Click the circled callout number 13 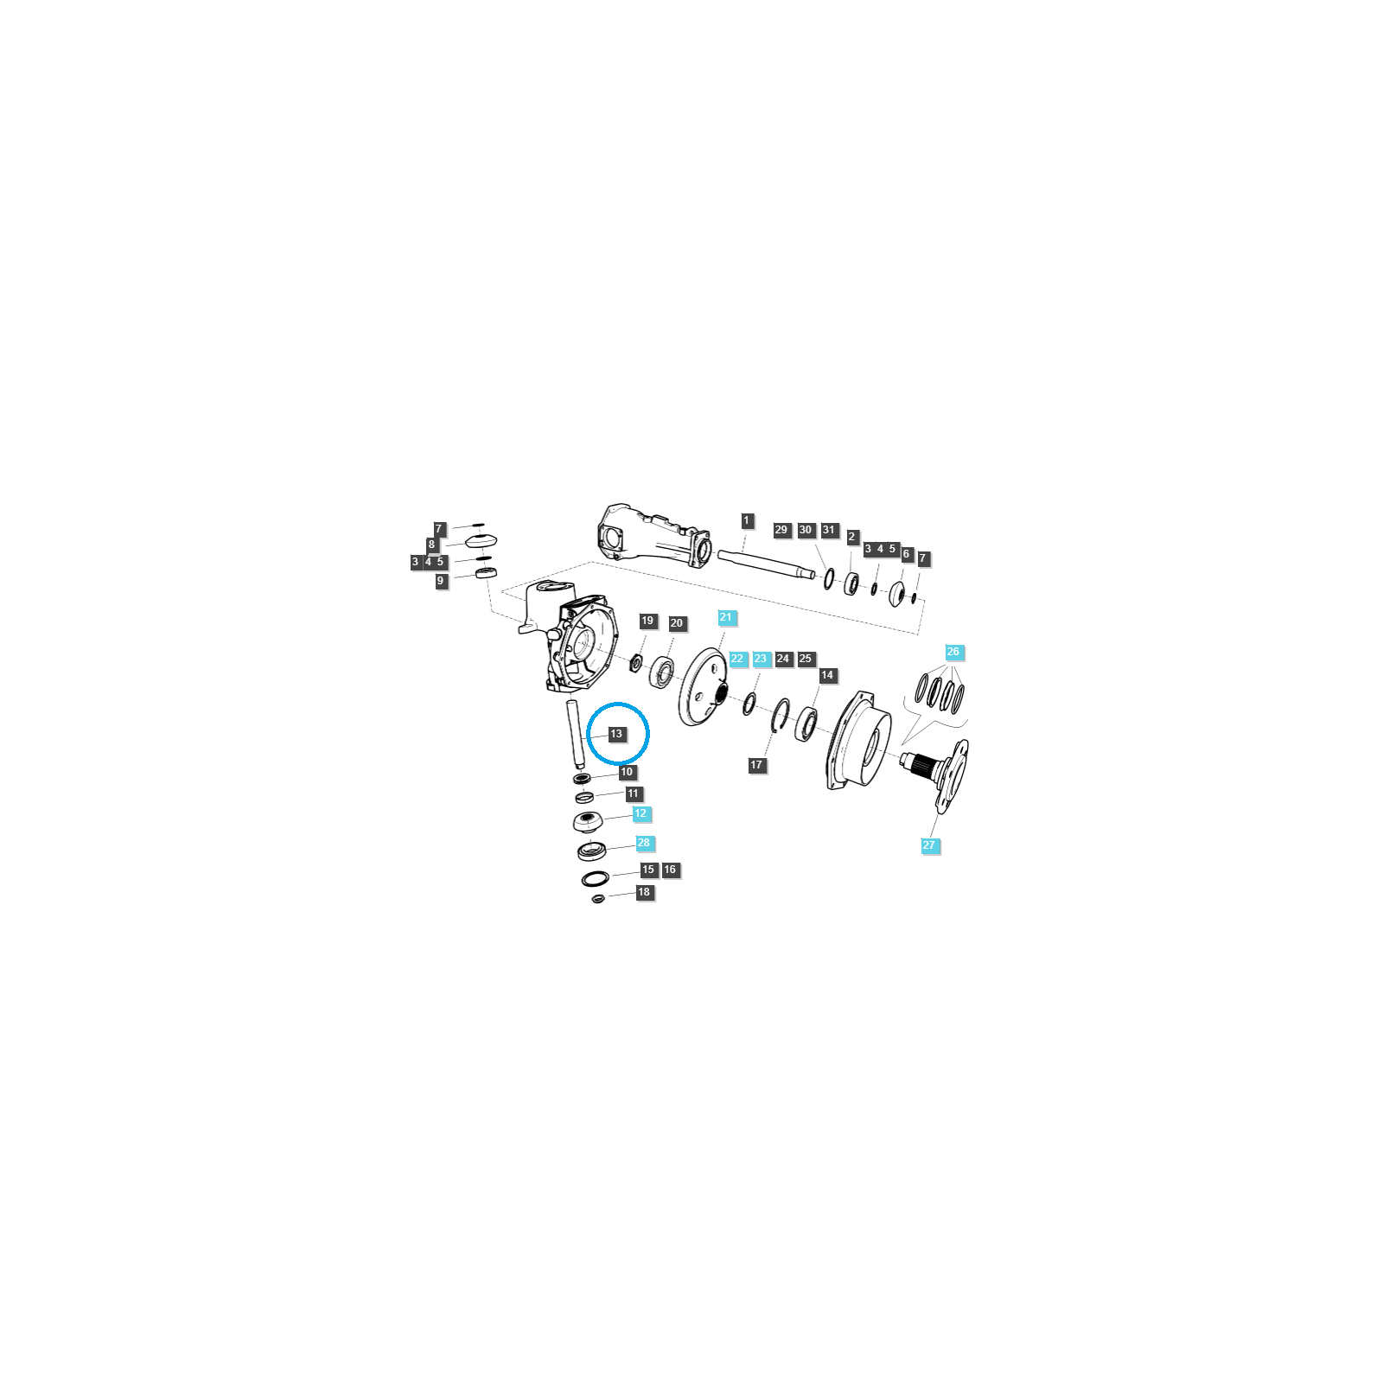pyautogui.click(x=615, y=734)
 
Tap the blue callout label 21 pyautogui.click(x=725, y=617)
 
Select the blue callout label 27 pyautogui.click(x=929, y=845)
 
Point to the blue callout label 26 pyautogui.click(x=953, y=652)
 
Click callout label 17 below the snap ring pyautogui.click(x=757, y=765)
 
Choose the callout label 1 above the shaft pyautogui.click(x=747, y=520)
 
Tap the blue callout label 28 pyautogui.click(x=643, y=843)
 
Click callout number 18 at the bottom pyautogui.click(x=644, y=892)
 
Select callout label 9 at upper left pyautogui.click(x=441, y=581)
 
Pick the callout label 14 pyautogui.click(x=827, y=675)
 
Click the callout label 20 pyautogui.click(x=676, y=623)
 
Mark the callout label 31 pyautogui.click(x=829, y=530)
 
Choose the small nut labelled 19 pyautogui.click(x=635, y=663)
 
